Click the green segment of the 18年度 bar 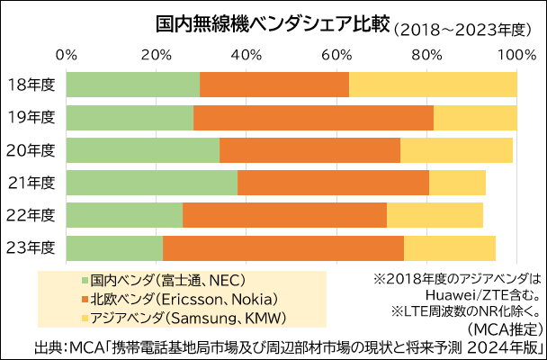point(132,85)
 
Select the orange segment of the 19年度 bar point(313,118)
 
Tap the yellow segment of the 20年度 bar point(456,150)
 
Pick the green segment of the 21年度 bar point(151,183)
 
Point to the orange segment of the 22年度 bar point(284,215)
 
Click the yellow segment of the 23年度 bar point(450,247)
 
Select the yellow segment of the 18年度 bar point(433,85)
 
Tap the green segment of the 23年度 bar point(114,247)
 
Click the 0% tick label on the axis point(67,54)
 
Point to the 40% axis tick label point(247,54)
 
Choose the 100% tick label point(516,54)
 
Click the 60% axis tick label point(336,54)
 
